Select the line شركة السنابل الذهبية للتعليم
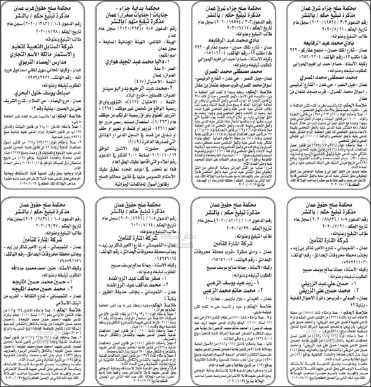[43, 47]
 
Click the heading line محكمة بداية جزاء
[137, 8]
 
